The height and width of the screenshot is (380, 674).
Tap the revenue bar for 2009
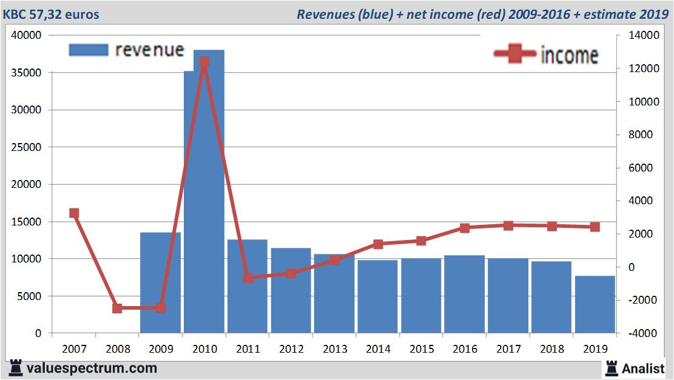coord(161,282)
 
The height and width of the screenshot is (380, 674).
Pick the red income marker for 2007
coord(74,213)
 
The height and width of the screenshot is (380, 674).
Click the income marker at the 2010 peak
coord(204,62)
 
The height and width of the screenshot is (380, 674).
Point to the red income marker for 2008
coord(118,308)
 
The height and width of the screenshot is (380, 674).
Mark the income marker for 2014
coord(378,244)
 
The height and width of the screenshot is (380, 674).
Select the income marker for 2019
coord(595,227)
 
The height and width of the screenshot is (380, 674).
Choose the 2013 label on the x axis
coord(335,349)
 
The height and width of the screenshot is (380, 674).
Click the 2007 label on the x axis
coord(74,349)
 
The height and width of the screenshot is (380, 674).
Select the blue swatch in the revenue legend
coord(89,50)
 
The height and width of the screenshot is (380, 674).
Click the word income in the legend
coord(569,55)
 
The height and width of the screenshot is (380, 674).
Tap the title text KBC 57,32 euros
coord(51,14)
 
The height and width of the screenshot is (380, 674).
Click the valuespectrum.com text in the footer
coord(92,368)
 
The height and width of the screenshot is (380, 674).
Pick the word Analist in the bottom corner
coord(644,368)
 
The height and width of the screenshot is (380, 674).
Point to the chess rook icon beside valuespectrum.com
coord(16,368)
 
